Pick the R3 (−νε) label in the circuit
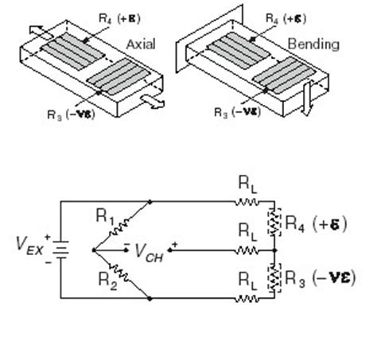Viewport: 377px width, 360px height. pyautogui.click(x=319, y=277)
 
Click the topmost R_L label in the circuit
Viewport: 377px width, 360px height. pyautogui.click(x=247, y=184)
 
